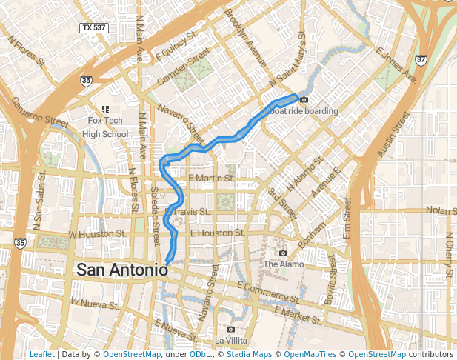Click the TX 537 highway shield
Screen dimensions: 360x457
(94, 27)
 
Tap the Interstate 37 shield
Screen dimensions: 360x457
(421, 59)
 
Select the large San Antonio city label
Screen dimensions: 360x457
(121, 270)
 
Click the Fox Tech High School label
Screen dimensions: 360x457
(104, 127)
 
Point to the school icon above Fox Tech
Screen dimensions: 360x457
(105, 109)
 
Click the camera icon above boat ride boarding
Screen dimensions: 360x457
(303, 100)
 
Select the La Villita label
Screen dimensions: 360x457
(231, 340)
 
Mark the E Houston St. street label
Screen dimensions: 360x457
(217, 233)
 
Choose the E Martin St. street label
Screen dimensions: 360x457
(211, 179)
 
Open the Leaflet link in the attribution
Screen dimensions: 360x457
(41, 354)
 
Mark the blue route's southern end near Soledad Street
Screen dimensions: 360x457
(169, 261)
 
